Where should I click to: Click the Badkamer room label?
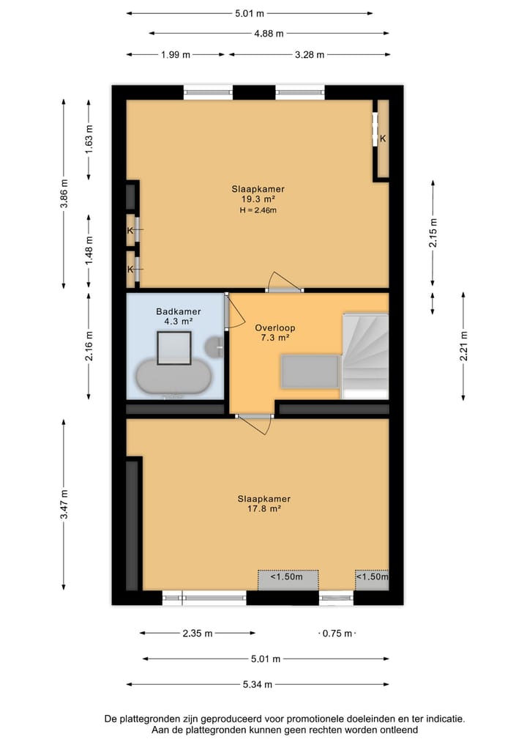[x=178, y=311]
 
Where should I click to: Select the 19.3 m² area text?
[x=258, y=199]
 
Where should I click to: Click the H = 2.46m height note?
[x=258, y=210]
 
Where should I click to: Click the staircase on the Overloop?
[x=365, y=355]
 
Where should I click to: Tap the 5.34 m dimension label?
[x=258, y=685]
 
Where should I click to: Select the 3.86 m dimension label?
[x=64, y=194]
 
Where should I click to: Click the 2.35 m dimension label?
[x=198, y=634]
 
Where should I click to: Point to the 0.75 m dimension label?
[x=337, y=634]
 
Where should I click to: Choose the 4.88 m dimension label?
[x=269, y=33]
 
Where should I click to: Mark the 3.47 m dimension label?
[x=64, y=505]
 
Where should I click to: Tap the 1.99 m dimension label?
[x=176, y=55]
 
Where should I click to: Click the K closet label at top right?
[x=382, y=138]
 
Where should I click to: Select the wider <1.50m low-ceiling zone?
[x=288, y=577]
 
